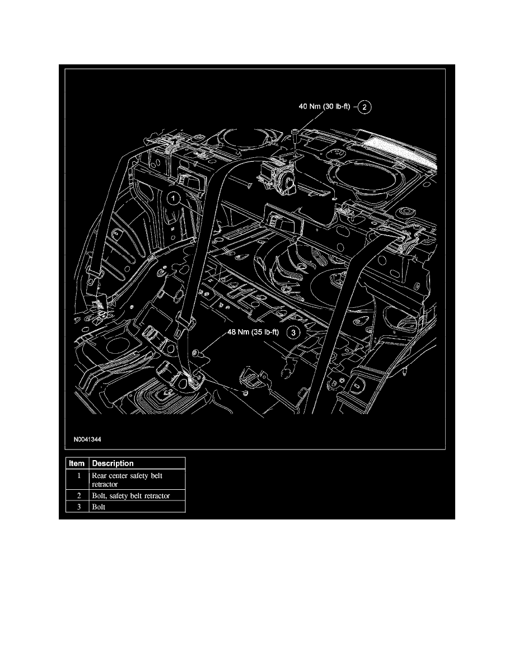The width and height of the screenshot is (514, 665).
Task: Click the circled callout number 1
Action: pyautogui.click(x=174, y=198)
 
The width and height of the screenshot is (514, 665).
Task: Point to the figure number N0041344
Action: pyautogui.click(x=86, y=439)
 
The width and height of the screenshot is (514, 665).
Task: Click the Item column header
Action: pyautogui.click(x=76, y=463)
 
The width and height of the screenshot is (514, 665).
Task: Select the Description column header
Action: pyautogui.click(x=113, y=463)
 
